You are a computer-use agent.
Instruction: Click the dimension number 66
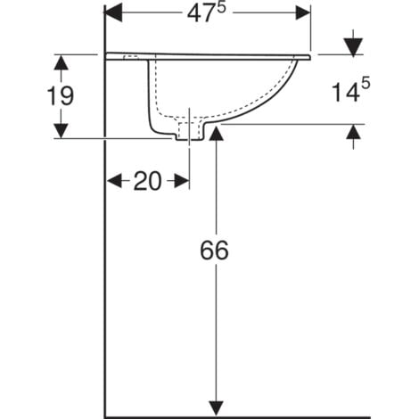click(x=214, y=251)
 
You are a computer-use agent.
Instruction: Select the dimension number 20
click(x=148, y=181)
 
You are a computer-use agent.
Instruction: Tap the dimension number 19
click(x=61, y=96)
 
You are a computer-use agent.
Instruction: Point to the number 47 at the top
click(x=201, y=14)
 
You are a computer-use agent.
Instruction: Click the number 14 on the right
click(x=345, y=93)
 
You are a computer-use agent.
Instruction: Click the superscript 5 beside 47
click(x=221, y=8)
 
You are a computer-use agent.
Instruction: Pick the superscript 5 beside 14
click(x=366, y=83)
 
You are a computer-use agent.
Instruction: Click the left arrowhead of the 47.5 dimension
click(x=113, y=12)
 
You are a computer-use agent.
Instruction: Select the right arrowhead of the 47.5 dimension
click(x=303, y=12)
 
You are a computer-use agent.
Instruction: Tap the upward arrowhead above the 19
click(x=61, y=63)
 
